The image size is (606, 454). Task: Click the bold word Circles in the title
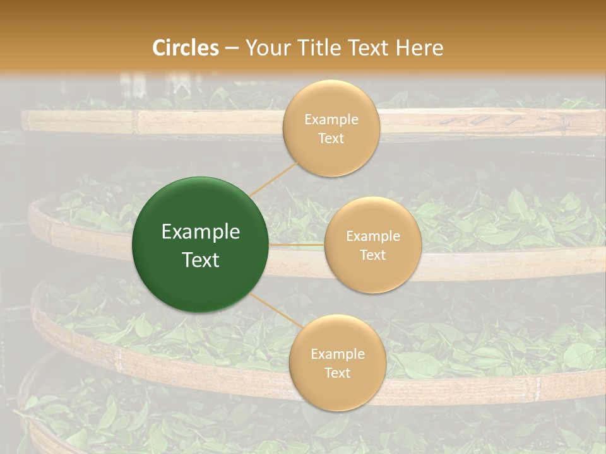tap(186, 48)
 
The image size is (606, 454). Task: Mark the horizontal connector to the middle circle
tap(296, 245)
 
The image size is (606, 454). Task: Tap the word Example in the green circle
tap(201, 232)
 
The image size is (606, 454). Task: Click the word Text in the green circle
tap(201, 260)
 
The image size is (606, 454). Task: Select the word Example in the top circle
tap(331, 120)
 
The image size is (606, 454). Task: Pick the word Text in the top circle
tap(331, 139)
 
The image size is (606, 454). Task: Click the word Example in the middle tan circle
tap(373, 236)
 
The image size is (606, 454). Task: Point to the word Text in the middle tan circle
tap(373, 255)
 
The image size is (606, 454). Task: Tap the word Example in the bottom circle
tap(338, 354)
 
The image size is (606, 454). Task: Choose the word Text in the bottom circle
tap(338, 373)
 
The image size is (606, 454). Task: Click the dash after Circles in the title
tap(232, 49)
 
